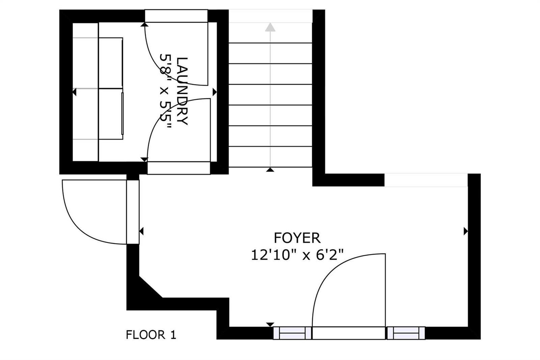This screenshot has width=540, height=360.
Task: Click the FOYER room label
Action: (x=297, y=238)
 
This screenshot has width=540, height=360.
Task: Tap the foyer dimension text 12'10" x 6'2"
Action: (x=297, y=255)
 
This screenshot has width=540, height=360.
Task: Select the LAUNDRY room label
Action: (x=182, y=91)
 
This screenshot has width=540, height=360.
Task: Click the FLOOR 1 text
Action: (x=151, y=335)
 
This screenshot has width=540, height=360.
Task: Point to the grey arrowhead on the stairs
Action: (x=270, y=27)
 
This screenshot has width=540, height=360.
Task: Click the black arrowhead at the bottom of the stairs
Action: (x=270, y=170)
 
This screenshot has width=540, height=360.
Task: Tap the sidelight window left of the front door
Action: (x=292, y=333)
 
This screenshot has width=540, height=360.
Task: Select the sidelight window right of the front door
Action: (x=406, y=333)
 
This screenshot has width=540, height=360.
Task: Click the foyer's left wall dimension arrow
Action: (x=141, y=231)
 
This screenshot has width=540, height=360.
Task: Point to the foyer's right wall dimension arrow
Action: (x=466, y=231)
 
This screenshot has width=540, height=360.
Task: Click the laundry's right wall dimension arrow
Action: (x=215, y=92)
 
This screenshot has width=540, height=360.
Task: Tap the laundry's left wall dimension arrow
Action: (x=75, y=92)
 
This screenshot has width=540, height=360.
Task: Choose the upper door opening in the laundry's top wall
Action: (x=176, y=16)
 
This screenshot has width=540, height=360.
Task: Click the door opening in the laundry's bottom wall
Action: (x=179, y=168)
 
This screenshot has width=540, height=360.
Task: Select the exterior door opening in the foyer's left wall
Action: (x=133, y=212)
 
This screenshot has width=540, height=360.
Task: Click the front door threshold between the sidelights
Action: (x=349, y=333)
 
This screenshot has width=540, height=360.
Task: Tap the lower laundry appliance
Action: (x=111, y=114)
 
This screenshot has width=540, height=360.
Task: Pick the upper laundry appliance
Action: (x=111, y=63)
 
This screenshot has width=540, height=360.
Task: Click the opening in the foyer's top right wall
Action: (x=426, y=180)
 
